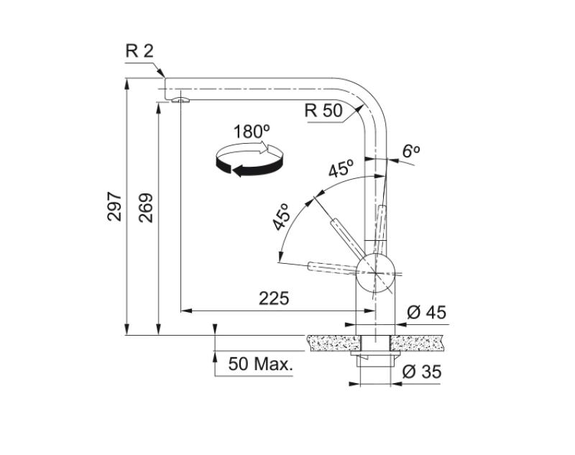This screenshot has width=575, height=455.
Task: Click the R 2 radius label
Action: click(x=139, y=50)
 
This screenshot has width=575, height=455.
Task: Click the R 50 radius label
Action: click(x=323, y=111)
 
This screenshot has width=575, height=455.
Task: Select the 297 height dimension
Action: click(x=115, y=206)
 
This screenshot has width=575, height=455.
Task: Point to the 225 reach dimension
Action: click(x=274, y=298)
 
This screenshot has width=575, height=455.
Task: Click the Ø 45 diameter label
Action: click(x=426, y=312)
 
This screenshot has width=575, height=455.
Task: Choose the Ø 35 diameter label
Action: click(x=423, y=372)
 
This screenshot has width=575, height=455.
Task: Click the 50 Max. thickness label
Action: click(x=261, y=364)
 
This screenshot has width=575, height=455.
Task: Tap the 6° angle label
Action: click(x=410, y=151)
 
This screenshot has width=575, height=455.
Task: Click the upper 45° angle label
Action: click(x=341, y=170)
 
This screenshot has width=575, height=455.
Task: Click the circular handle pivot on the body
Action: click(x=374, y=272)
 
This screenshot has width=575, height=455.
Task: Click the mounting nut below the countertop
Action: click(x=375, y=355)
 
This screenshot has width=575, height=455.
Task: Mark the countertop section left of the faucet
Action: click(x=331, y=341)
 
